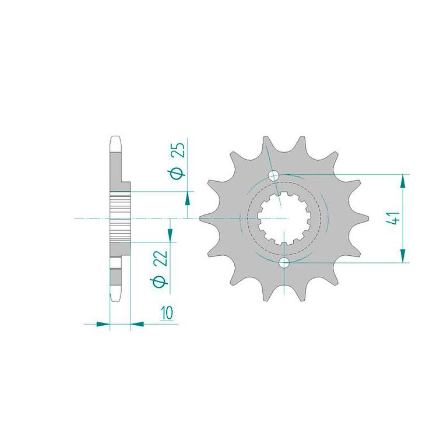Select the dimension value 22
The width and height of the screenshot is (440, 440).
tap(162, 258)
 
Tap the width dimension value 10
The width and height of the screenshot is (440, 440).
tap(167, 313)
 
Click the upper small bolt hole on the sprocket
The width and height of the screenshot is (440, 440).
tap(273, 176)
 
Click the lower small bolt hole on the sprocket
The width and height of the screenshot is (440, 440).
tap(284, 263)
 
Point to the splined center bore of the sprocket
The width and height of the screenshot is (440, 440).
tap(284, 218)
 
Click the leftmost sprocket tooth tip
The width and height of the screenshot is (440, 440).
tap(200, 219)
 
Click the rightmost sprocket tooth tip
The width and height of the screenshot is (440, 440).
tap(367, 219)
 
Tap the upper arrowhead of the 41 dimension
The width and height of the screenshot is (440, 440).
tap(403, 181)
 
